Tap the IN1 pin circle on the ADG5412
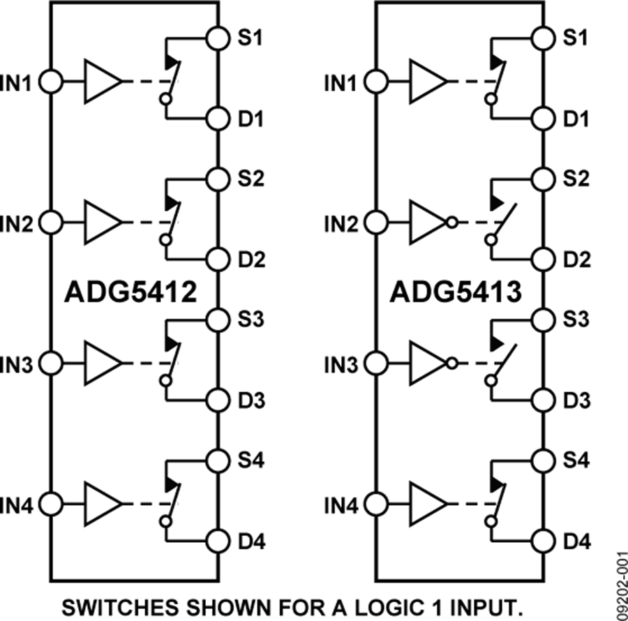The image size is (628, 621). (x=50, y=82)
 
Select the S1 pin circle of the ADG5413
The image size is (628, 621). (x=543, y=38)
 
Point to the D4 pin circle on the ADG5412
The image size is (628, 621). (x=218, y=541)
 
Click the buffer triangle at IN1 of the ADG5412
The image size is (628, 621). (x=103, y=82)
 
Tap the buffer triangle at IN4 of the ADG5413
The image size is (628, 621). (x=428, y=503)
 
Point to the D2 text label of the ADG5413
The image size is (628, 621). (x=576, y=260)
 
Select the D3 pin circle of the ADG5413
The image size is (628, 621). (x=543, y=401)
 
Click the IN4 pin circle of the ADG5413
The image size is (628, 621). (x=376, y=503)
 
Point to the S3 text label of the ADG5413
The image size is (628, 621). (x=576, y=320)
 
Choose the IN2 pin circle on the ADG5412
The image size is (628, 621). (x=50, y=223)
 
